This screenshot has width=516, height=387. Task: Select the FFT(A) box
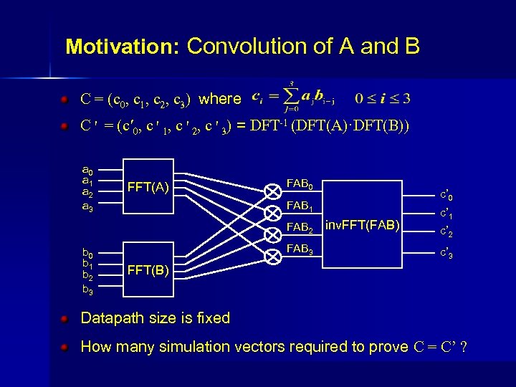click(148, 188)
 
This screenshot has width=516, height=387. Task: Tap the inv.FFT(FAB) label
click(362, 226)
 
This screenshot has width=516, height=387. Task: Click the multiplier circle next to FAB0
click(273, 191)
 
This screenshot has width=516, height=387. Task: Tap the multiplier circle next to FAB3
click(273, 257)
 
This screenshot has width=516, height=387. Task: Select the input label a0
click(87, 170)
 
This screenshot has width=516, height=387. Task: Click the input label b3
click(87, 290)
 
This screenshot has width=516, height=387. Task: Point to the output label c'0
click(445, 195)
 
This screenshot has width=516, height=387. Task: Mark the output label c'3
click(445, 254)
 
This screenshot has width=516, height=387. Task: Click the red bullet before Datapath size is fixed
click(64, 317)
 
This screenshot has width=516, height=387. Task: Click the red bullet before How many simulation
click(64, 347)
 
